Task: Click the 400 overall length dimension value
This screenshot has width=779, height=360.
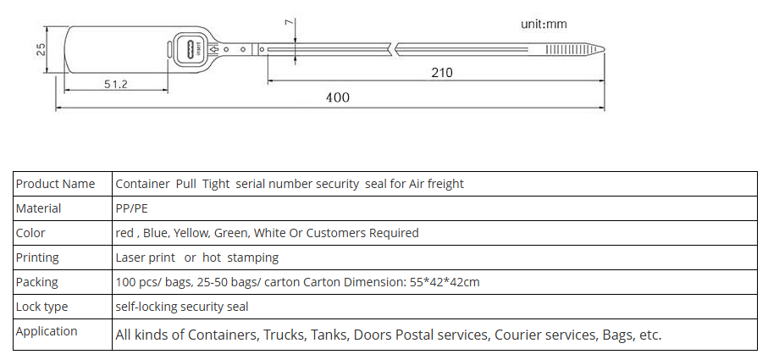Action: (x=338, y=97)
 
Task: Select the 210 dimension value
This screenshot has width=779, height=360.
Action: (x=442, y=73)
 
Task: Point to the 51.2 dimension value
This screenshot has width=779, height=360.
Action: (x=115, y=84)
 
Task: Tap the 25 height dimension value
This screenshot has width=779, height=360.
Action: (x=41, y=49)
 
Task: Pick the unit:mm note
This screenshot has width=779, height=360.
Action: (x=544, y=24)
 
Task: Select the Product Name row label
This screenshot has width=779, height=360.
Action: (x=56, y=184)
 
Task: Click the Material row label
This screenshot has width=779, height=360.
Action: (x=39, y=208)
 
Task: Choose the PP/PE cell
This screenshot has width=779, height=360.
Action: (x=131, y=208)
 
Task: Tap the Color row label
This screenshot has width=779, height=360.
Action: (x=30, y=233)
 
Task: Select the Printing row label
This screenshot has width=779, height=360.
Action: (x=37, y=258)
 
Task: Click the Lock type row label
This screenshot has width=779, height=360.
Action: (x=42, y=307)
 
